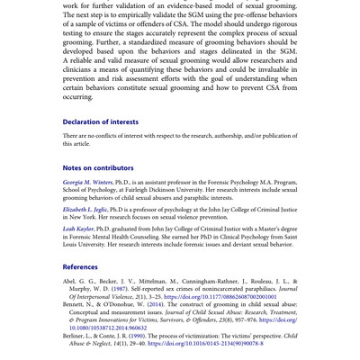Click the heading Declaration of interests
click(x=100, y=121)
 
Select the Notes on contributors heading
click(x=98, y=167)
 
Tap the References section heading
click(x=81, y=266)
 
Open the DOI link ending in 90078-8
click(x=206, y=343)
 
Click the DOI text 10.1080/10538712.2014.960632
click(x=108, y=328)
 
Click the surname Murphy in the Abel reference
click(x=82, y=289)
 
